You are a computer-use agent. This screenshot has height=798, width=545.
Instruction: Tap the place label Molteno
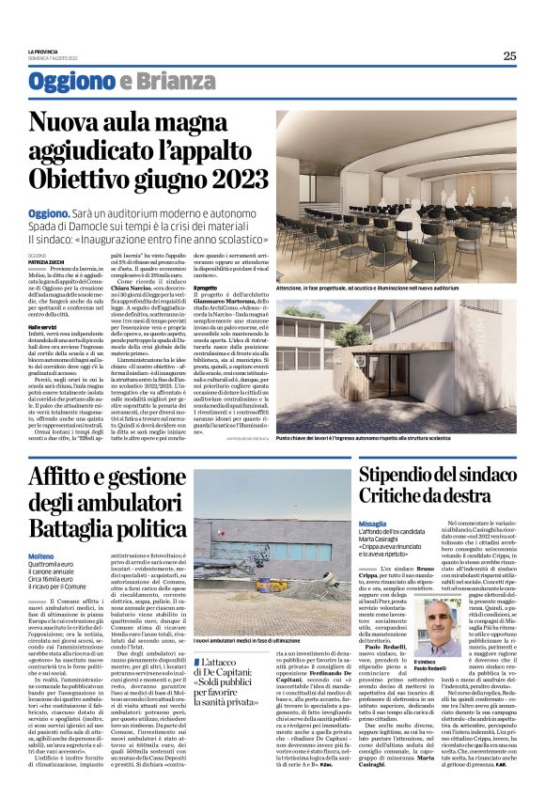(x=42, y=556)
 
